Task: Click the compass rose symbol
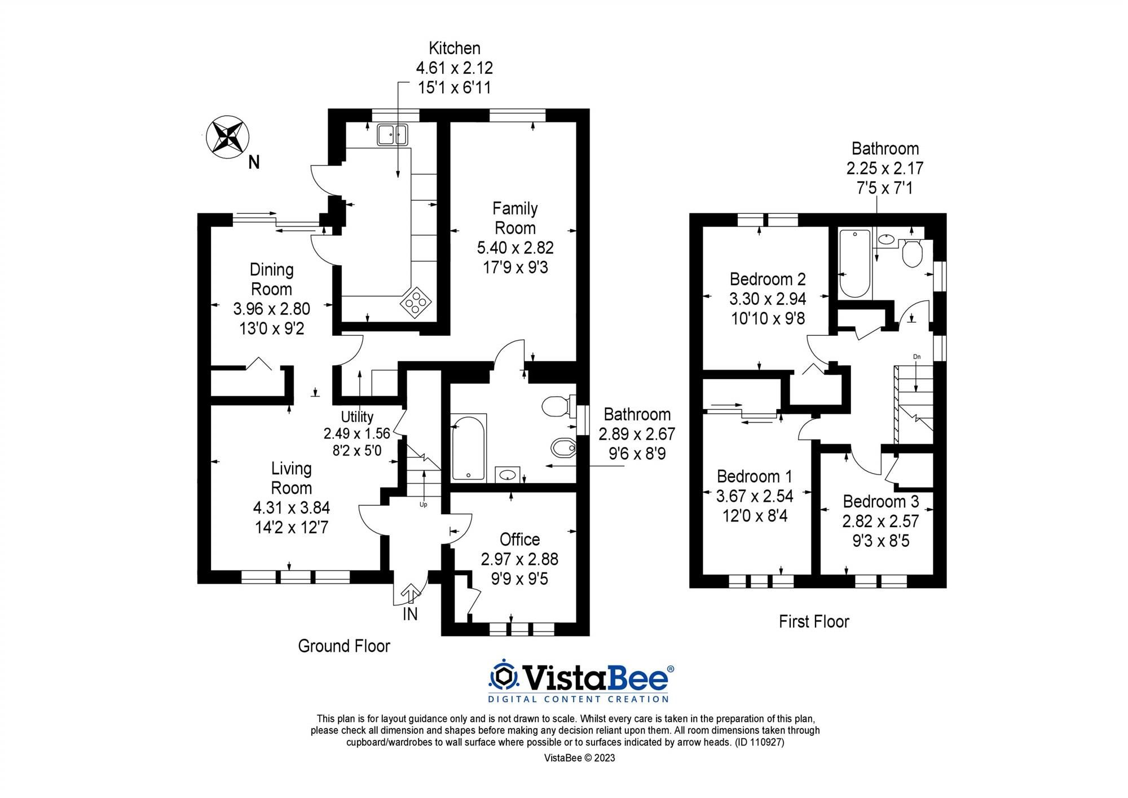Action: point(227,137)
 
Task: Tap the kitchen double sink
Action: point(392,134)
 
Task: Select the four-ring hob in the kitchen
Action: point(413,303)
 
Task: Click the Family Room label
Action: point(515,218)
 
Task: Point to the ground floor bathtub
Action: point(468,448)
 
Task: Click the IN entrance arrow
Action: point(410,594)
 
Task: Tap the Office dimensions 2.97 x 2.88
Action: point(519,559)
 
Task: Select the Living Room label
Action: point(291,478)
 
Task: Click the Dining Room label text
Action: point(271,279)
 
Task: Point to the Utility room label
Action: point(357,416)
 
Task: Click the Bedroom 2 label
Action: point(768,279)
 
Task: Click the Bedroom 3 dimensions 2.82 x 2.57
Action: point(880,521)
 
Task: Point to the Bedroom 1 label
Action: point(755,476)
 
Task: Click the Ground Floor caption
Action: point(344,646)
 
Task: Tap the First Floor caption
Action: point(814,622)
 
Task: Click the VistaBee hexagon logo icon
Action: point(504,677)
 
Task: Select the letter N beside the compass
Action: point(254,163)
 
